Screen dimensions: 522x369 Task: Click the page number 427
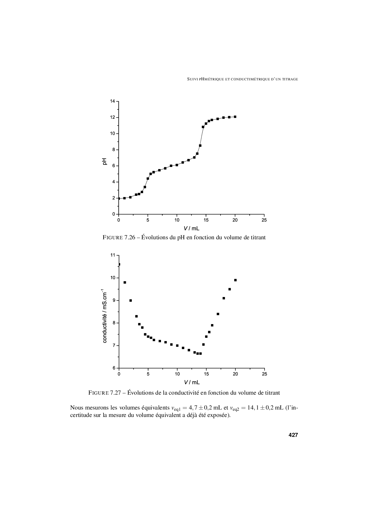293,435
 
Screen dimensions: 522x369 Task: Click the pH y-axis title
104,162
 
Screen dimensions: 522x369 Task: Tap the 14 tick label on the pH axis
112,101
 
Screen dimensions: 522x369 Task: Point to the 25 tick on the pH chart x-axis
264,220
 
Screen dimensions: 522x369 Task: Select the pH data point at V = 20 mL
235,117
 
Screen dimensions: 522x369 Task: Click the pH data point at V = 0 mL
119,198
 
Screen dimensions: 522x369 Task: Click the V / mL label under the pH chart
191,228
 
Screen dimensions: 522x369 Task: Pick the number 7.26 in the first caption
130,237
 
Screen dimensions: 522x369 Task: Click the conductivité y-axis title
105,316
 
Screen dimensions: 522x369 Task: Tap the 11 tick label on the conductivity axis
112,255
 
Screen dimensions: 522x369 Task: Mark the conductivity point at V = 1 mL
125,282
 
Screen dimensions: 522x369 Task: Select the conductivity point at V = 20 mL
235,280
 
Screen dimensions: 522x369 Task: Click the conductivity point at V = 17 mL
218,314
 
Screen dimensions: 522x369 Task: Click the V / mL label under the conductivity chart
192,382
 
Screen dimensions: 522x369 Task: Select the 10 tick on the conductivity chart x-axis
177,374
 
